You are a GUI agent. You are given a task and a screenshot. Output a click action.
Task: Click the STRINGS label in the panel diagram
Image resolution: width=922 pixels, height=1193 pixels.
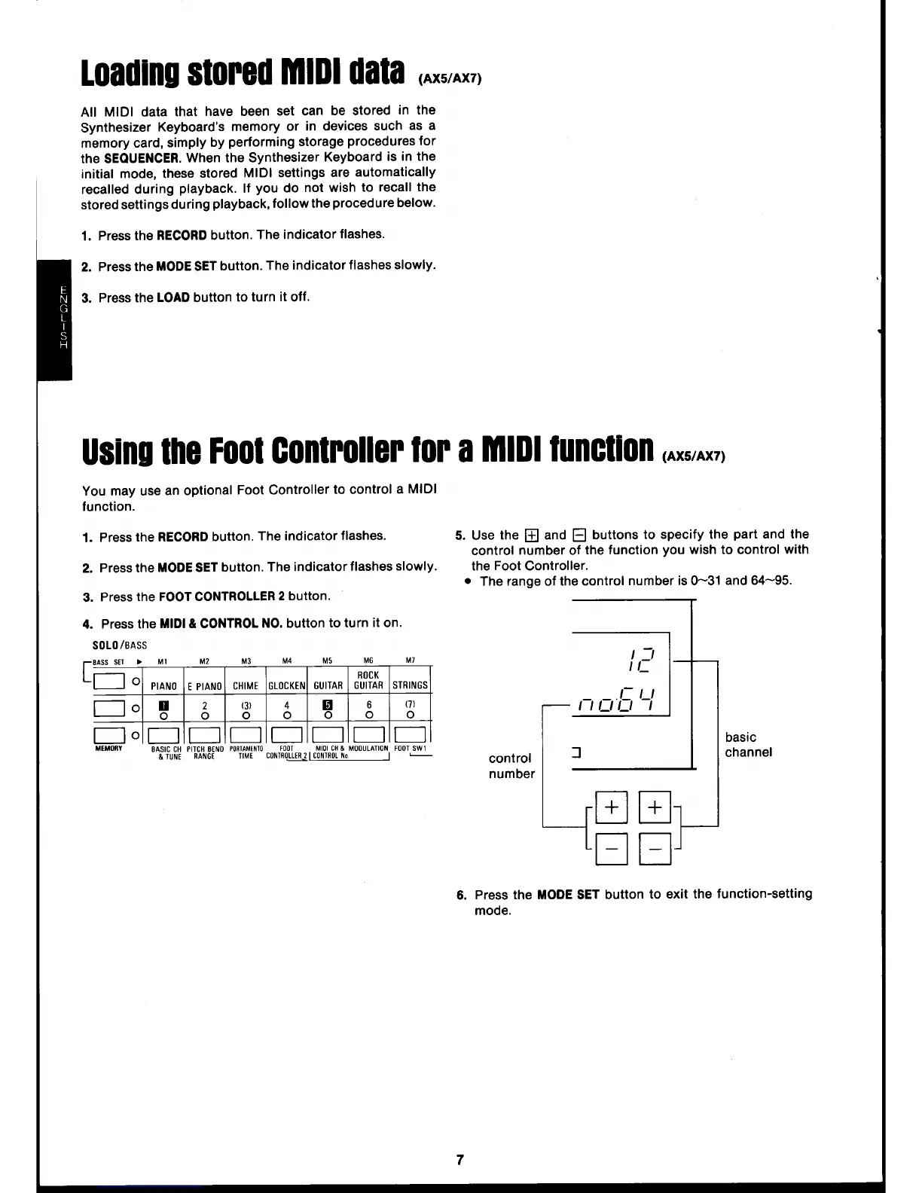(x=410, y=685)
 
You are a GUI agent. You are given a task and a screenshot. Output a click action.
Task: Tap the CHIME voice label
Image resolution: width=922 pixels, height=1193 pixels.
(x=246, y=685)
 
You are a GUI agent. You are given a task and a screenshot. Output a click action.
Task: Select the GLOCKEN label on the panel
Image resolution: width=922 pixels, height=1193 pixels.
(x=287, y=685)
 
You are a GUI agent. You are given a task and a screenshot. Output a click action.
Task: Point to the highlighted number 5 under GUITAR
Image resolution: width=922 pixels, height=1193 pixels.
(x=328, y=706)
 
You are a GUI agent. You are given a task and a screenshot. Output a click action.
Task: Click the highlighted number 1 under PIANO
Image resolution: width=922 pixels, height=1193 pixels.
(x=163, y=706)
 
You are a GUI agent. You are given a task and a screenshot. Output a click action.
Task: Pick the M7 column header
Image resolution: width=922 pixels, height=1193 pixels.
(x=410, y=661)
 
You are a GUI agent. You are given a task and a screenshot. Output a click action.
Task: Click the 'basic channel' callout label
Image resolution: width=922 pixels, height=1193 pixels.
(x=747, y=744)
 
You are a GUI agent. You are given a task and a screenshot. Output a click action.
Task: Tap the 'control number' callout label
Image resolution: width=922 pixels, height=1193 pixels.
(x=511, y=765)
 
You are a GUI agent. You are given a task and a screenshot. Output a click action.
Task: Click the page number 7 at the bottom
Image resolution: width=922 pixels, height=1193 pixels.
(x=460, y=1159)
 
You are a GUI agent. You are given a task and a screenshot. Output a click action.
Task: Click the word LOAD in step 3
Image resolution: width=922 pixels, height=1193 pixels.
(x=172, y=297)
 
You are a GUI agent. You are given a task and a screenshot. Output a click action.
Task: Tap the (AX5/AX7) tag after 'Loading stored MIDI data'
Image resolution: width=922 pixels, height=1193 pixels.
(x=450, y=81)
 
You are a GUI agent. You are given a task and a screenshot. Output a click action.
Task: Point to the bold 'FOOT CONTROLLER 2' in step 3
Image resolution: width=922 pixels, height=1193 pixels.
(x=221, y=596)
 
